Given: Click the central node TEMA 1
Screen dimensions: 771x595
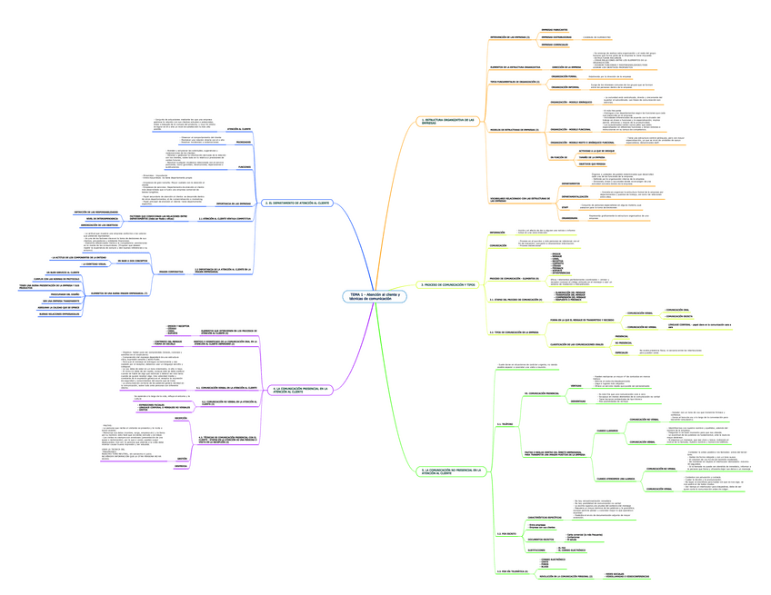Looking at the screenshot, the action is click(375, 297).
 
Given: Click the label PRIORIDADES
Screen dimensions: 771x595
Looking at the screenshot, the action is click(244, 143).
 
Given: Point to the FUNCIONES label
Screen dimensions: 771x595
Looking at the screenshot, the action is click(244, 167).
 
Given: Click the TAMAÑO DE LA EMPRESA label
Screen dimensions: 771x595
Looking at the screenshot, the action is click(566, 157).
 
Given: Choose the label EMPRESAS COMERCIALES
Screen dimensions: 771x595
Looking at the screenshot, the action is click(555, 44).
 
